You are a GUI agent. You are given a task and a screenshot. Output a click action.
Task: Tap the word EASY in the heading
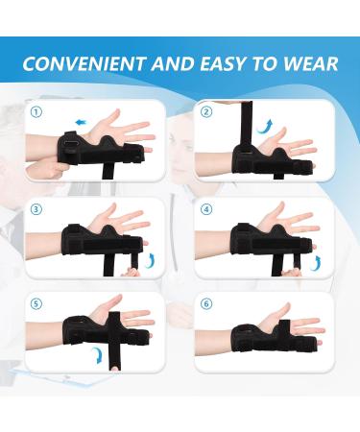[x=220, y=64]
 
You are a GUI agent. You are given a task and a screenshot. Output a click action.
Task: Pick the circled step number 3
[x=36, y=209]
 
